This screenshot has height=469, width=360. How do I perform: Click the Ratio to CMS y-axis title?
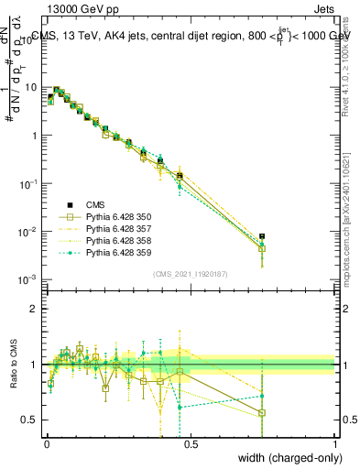[13, 366]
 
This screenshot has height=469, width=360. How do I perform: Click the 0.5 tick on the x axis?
[191, 443]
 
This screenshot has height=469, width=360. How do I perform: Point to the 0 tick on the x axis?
[46, 443]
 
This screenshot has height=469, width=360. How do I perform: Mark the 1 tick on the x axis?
[335, 443]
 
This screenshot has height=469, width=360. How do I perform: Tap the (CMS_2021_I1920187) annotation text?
[191, 273]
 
